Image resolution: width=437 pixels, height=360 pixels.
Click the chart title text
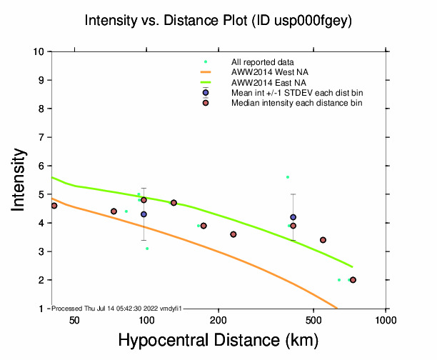[x=218, y=21]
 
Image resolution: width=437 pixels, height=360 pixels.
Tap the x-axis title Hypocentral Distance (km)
[x=218, y=341]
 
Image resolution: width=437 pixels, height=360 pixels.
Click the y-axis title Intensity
[x=19, y=179]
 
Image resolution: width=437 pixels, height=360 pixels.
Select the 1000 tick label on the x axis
[x=386, y=321]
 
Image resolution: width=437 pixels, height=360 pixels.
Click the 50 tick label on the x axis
[x=74, y=321]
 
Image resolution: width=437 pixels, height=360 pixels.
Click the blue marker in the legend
[x=206, y=93]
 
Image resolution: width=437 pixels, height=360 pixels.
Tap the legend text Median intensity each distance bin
[x=296, y=103]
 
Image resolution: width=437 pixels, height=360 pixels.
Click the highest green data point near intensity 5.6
[x=288, y=177]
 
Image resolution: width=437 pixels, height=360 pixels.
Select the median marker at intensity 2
[x=353, y=280]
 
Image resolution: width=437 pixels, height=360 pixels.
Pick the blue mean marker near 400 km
[x=293, y=217]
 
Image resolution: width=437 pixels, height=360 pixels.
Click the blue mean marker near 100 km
[x=144, y=214]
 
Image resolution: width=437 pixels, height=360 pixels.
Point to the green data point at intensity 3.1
[x=147, y=249]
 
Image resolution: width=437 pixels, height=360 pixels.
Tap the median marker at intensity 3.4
[x=323, y=240]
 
